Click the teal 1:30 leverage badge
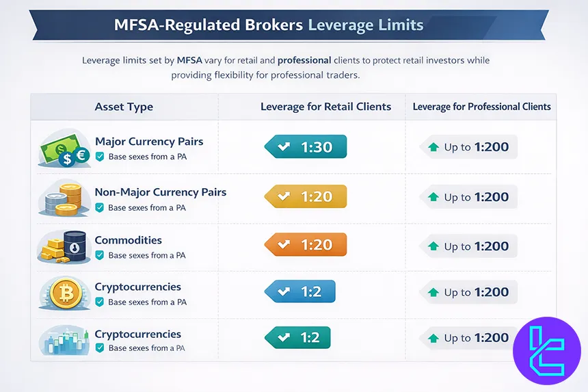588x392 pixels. pyautogui.click(x=306, y=147)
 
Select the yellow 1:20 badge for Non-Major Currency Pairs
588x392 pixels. pyautogui.click(x=306, y=197)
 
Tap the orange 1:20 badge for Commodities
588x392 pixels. pyautogui.click(x=306, y=245)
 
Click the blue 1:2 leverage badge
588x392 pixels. pyautogui.click(x=300, y=291)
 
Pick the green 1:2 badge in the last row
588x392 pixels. pyautogui.click(x=297, y=337)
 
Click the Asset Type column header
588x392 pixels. pyautogui.click(x=124, y=107)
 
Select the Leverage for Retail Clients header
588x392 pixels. pyautogui.click(x=325, y=107)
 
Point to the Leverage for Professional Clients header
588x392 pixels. pyautogui.click(x=481, y=107)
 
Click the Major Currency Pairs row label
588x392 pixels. pyautogui.click(x=149, y=142)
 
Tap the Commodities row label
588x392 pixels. pyautogui.click(x=129, y=241)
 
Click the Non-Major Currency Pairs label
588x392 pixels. pyautogui.click(x=161, y=192)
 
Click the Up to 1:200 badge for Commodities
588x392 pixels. pyautogui.click(x=468, y=246)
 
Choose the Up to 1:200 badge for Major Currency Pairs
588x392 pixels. pyautogui.click(x=468, y=147)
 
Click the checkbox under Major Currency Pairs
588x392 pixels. pyautogui.click(x=100, y=157)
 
